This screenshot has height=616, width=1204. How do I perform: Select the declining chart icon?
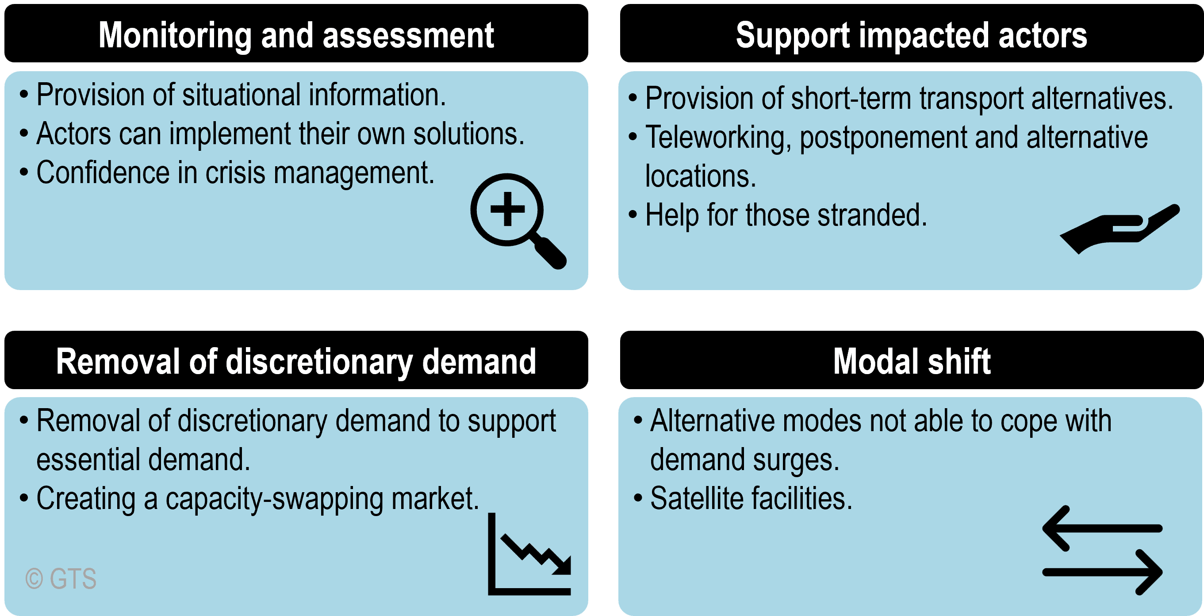tap(529, 554)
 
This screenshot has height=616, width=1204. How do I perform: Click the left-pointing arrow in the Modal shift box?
tap(1102, 528)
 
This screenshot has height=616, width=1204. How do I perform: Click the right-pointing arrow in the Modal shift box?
tap(1102, 572)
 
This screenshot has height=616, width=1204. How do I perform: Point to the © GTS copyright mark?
tap(61, 578)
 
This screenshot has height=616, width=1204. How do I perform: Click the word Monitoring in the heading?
tap(175, 36)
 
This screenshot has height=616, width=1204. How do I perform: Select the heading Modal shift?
tap(912, 361)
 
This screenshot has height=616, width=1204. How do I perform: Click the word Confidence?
tap(103, 172)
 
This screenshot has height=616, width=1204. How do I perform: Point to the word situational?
tap(241, 95)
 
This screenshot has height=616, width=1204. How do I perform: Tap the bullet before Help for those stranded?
tap(633, 214)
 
